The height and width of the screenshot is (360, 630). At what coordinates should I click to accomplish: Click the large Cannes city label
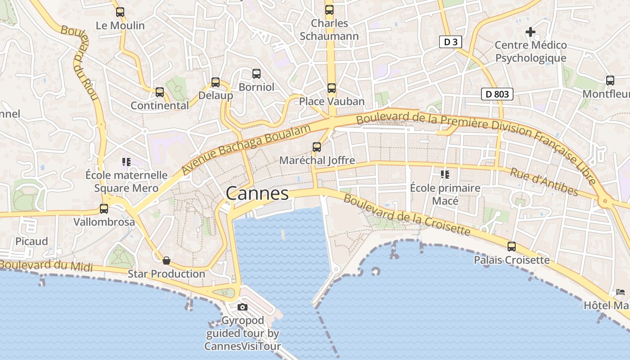coord(257,193)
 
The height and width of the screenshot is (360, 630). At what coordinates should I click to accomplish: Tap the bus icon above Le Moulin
coord(120,12)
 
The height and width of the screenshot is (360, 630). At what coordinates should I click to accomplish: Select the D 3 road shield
coord(450,42)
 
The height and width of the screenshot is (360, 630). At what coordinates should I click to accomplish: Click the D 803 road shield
coord(497,94)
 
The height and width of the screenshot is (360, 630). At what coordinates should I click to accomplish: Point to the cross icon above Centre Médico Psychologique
coord(531,32)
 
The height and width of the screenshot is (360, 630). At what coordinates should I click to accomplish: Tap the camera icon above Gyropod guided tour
coord(243,307)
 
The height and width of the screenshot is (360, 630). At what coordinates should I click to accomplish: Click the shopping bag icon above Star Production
coord(166,261)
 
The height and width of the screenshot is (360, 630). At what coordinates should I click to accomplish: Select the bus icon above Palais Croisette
coord(512,247)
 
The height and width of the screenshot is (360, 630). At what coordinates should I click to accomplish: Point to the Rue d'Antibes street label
coord(544,181)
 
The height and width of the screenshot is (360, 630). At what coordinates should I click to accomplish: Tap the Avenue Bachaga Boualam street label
coord(246,150)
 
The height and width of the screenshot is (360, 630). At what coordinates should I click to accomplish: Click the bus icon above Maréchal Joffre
coord(317,147)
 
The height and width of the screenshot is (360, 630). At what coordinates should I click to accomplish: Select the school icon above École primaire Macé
coord(445,174)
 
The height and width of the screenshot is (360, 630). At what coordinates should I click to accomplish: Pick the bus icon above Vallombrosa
coord(104,209)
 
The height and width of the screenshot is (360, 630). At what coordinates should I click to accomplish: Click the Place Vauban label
coord(332,101)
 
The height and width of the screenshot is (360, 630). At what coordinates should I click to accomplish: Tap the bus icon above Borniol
coord(256,73)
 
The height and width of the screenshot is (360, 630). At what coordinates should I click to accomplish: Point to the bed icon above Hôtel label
coord(621,292)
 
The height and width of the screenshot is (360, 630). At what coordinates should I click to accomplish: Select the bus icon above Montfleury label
coord(610,81)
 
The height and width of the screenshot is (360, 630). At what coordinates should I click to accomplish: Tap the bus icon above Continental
coord(160,92)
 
